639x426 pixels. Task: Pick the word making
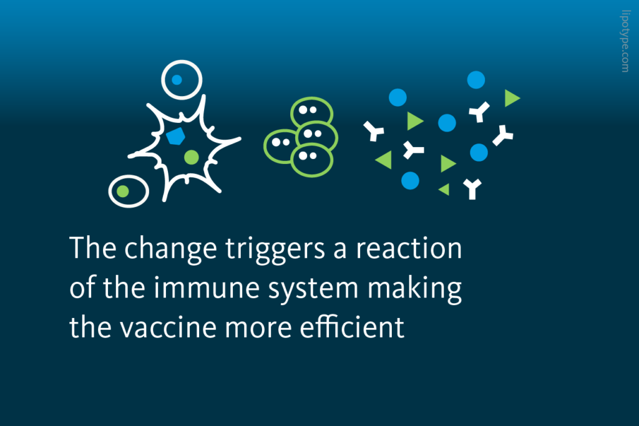tap(419, 290)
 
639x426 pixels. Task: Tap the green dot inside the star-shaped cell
tap(192, 156)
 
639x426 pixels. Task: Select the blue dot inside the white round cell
tap(177, 80)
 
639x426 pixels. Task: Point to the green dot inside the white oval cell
tap(124, 190)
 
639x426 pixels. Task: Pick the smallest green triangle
tap(444, 189)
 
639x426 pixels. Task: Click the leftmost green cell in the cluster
tap(280, 145)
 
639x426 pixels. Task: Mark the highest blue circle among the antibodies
tap(476, 79)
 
